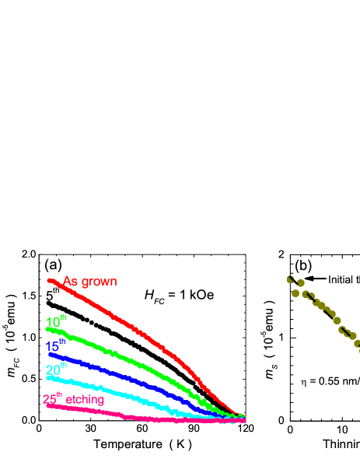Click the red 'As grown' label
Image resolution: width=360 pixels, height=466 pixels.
[89, 282]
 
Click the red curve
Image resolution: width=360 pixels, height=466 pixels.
[140, 330]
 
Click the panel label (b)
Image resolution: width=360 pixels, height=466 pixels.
[302, 265]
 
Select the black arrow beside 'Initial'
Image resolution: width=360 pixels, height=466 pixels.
[315, 279]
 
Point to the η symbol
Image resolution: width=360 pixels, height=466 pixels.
[304, 382]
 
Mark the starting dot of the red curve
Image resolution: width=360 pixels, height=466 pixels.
[51, 280]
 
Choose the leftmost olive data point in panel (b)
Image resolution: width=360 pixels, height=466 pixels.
[292, 278]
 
